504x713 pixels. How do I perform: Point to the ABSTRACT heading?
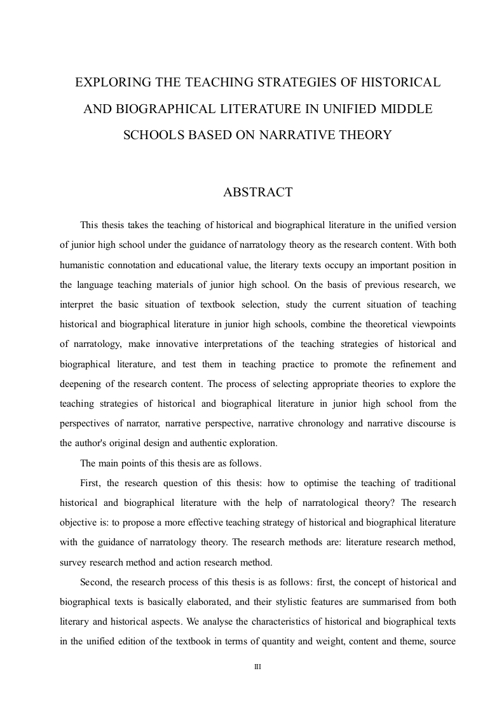pos(257,192)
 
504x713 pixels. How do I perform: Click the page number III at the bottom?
pos(258,667)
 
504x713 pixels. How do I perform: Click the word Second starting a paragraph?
pos(95,581)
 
